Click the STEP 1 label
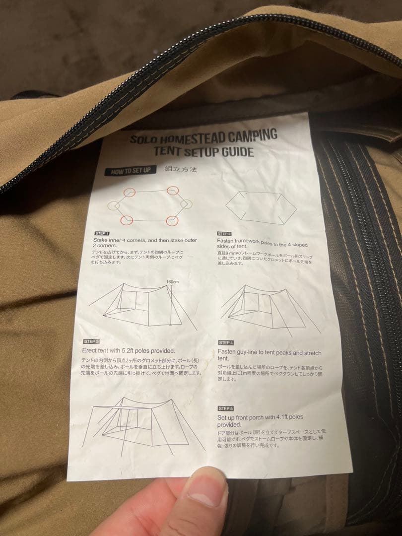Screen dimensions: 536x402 102,233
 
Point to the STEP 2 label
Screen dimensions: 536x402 224,233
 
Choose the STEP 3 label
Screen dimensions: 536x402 91,341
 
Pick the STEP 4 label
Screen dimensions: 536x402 226,342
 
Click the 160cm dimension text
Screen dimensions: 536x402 173,281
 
